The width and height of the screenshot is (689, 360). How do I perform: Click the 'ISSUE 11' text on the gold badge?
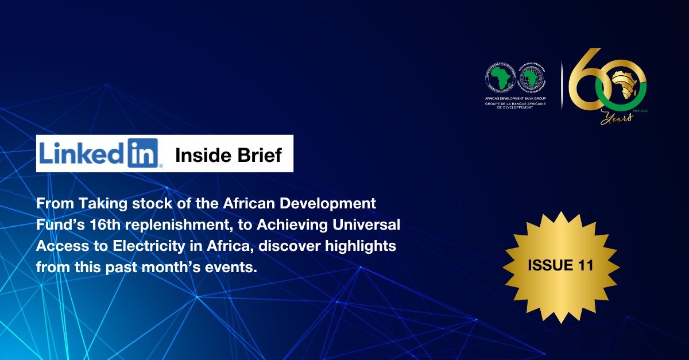click(x=561, y=265)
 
